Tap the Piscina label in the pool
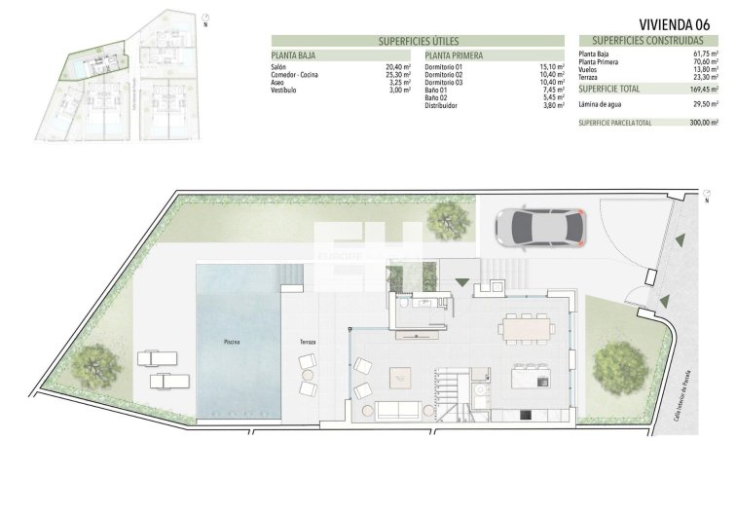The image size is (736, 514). pos(232,343)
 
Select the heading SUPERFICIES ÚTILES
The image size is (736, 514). pos(418,42)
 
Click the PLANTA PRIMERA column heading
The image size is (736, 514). pos(454,55)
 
